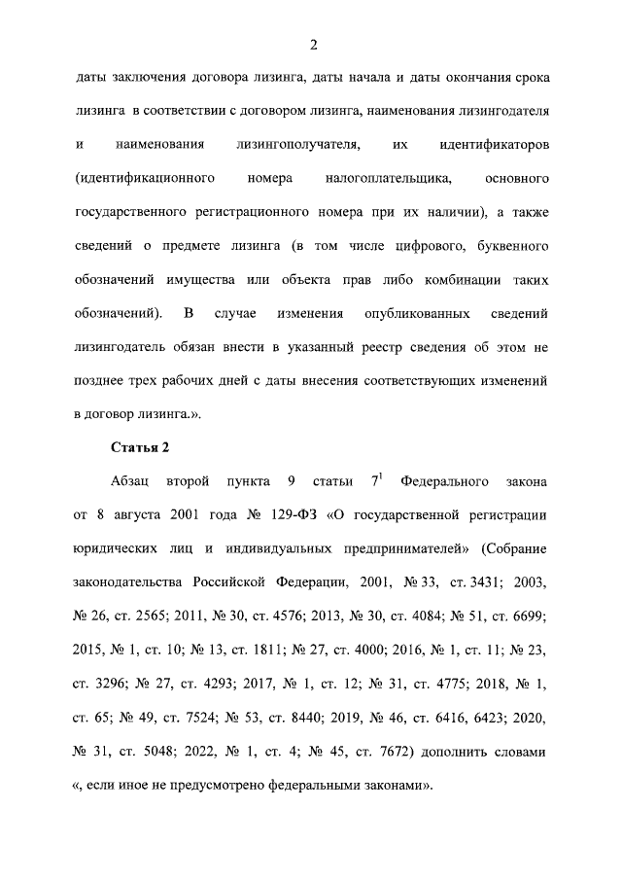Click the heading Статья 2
point(138,448)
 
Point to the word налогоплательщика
point(390,180)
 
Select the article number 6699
point(525,615)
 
